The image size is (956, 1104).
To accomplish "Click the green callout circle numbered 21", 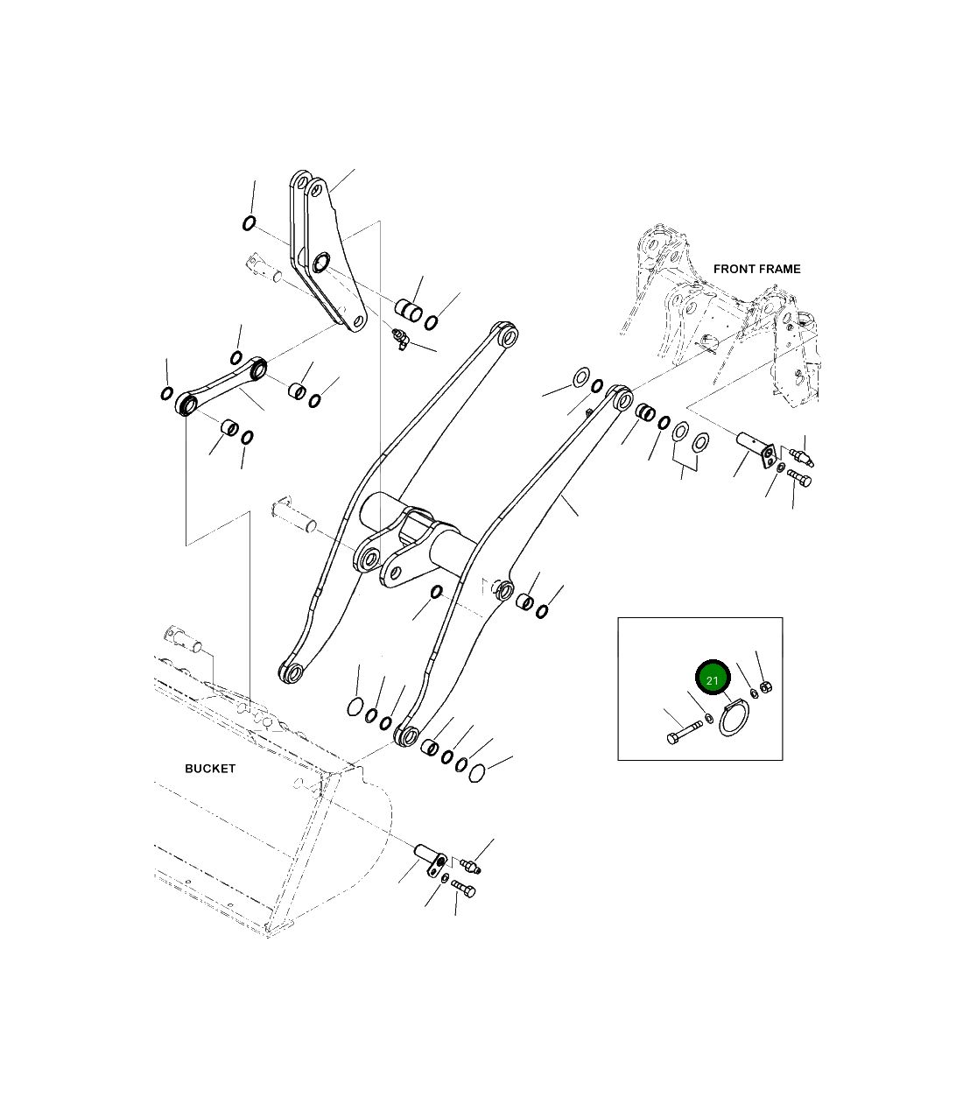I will pyautogui.click(x=712, y=679).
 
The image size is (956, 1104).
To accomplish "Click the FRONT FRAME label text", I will pyautogui.click(x=756, y=269).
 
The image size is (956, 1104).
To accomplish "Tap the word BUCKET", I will pyautogui.click(x=210, y=769).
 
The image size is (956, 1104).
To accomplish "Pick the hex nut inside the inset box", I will pyautogui.click(x=764, y=686).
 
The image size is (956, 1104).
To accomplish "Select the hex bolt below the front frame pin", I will pyautogui.click(x=800, y=478).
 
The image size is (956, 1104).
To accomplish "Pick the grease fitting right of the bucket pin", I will pyautogui.click(x=473, y=866).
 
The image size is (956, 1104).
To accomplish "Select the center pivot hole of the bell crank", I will pyautogui.click(x=320, y=261).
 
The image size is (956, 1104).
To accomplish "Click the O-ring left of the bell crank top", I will pyautogui.click(x=249, y=223).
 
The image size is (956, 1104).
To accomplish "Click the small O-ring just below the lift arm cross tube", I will pyautogui.click(x=434, y=594).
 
